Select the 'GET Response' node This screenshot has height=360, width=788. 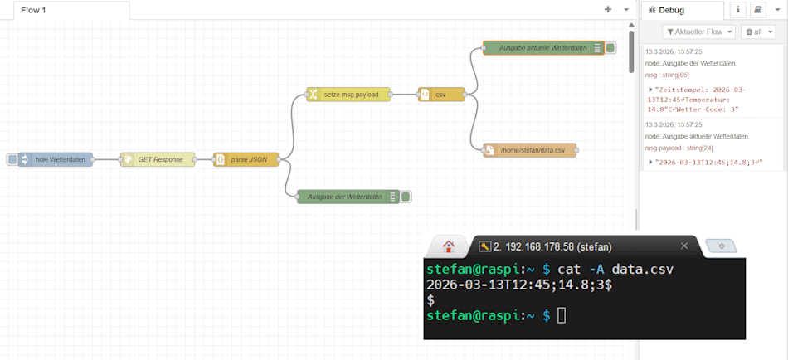(x=159, y=159)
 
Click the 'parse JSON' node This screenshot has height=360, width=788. (x=248, y=159)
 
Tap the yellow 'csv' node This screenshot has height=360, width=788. (x=440, y=95)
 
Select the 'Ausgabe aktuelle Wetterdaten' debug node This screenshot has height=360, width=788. (x=542, y=48)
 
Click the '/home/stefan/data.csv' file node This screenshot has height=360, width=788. (x=531, y=150)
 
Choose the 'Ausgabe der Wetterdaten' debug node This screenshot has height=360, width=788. (x=344, y=197)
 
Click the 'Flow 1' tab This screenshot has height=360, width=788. (x=35, y=10)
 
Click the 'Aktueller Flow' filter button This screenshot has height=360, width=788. (x=699, y=32)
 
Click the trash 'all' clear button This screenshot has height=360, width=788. (x=758, y=32)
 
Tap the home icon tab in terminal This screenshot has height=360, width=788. (x=449, y=246)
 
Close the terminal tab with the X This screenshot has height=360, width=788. (x=684, y=246)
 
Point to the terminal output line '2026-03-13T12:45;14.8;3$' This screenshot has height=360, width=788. (x=519, y=285)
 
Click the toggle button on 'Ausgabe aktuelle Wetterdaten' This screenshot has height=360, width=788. (x=610, y=48)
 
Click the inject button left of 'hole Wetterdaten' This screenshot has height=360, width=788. (x=12, y=159)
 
